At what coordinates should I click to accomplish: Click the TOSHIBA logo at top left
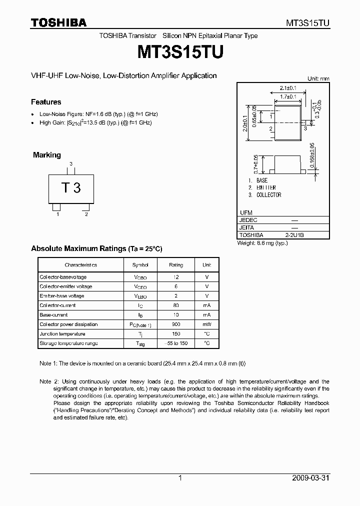coord(58,23)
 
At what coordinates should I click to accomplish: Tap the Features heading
coord(46,102)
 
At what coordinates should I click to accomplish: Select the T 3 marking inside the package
coord(71,188)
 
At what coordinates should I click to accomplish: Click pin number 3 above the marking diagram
coord(71,164)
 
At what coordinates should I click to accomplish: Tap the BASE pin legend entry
coord(262,180)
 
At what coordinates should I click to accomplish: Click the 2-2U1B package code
coord(294,234)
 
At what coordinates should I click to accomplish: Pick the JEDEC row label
coord(248,219)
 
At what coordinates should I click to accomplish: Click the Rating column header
coord(176,265)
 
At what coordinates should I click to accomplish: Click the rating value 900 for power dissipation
coord(176,324)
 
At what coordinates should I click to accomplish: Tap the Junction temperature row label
coord(62,334)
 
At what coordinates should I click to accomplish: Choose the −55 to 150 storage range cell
coord(176,343)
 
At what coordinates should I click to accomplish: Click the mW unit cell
coord(206,324)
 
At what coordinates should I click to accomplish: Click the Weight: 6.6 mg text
coord(262,243)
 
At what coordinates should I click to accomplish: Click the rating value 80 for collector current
coord(176,305)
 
